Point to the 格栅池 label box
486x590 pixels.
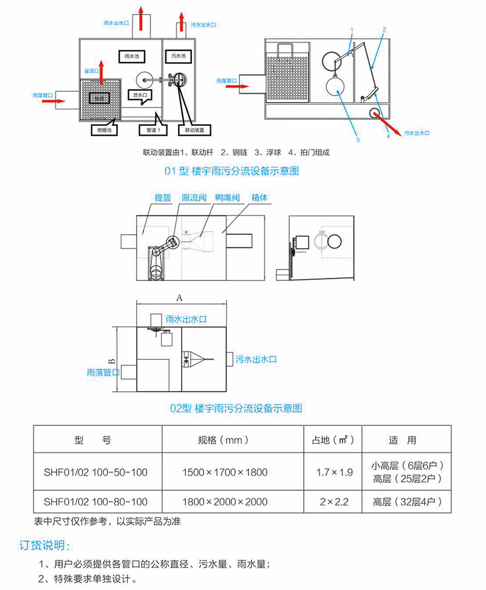101,130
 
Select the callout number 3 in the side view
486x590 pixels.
358,139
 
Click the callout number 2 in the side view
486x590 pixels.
384,29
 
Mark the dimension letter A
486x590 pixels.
179,297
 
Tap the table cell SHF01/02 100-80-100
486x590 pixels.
96,502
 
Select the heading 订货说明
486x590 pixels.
46,544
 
